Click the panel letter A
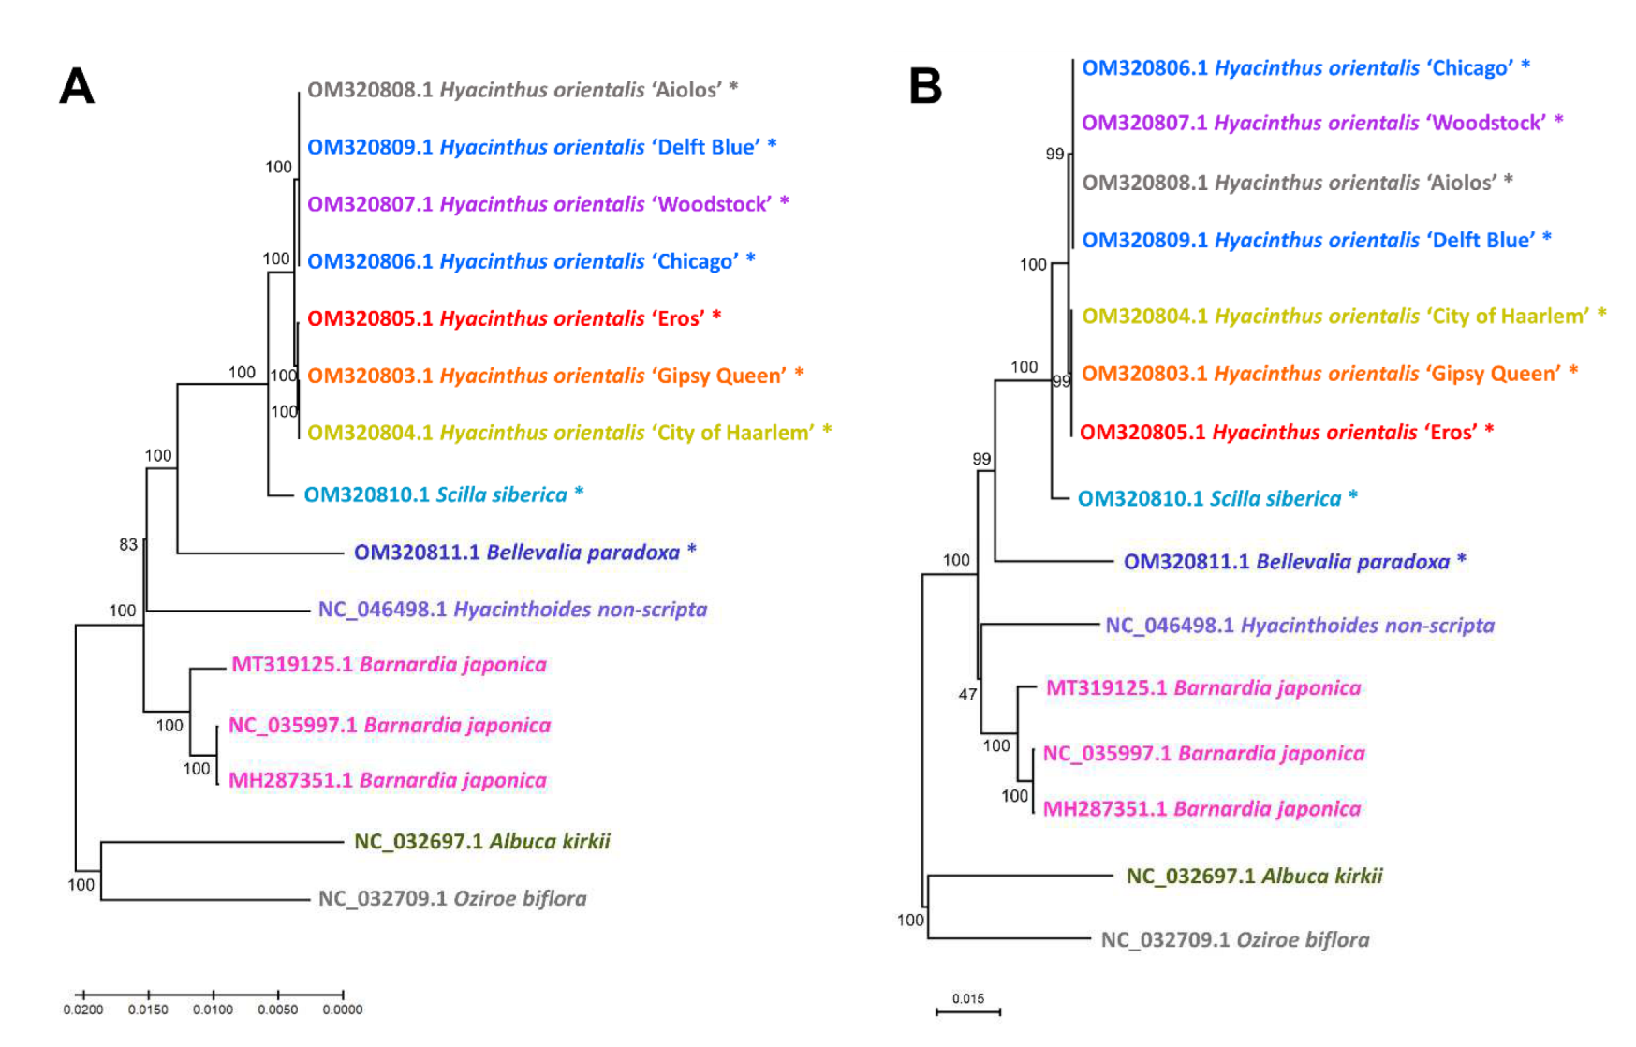pyautogui.click(x=77, y=86)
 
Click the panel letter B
pyautogui.click(x=924, y=86)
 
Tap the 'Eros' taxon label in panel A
pyautogui.click(x=513, y=318)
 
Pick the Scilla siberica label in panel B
pyautogui.click(x=1216, y=498)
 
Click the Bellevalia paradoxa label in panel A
pyautogui.click(x=524, y=553)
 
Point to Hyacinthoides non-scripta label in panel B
pyautogui.click(x=1299, y=625)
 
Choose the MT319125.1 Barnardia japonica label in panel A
pyautogui.click(x=389, y=665)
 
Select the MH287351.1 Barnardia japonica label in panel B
pyautogui.click(x=1201, y=809)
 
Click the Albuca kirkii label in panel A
pyautogui.click(x=481, y=841)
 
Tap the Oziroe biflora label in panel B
pyautogui.click(x=1234, y=939)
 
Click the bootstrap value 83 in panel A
pyautogui.click(x=128, y=545)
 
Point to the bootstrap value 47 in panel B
pyautogui.click(x=967, y=695)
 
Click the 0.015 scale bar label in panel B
pyautogui.click(x=968, y=998)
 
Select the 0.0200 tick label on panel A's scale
pyautogui.click(x=83, y=1010)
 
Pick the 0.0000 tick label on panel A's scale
pyautogui.click(x=343, y=1010)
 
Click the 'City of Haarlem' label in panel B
pyautogui.click(x=1344, y=317)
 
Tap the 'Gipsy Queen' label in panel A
pyautogui.click(x=555, y=376)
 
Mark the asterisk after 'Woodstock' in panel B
pyautogui.click(x=1558, y=122)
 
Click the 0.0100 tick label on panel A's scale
pyautogui.click(x=213, y=1010)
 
